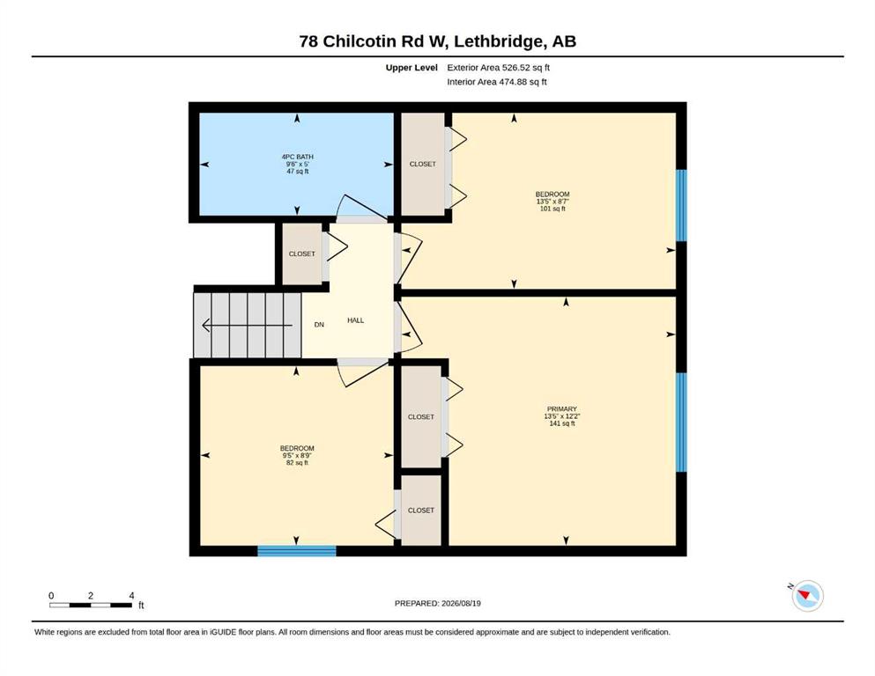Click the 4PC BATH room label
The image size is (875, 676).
pos(298,158)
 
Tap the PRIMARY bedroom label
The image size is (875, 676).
pos(562,409)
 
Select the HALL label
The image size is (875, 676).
pos(355,320)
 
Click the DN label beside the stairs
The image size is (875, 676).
pos(319,324)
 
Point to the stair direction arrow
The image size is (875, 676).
pos(247,325)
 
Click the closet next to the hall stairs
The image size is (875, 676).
pos(302,254)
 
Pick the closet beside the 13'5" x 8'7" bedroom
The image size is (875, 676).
pos(423,164)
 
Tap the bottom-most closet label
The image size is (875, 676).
pos(421,511)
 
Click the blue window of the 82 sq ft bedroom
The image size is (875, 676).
pos(297,551)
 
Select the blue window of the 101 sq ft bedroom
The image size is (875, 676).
pos(681,205)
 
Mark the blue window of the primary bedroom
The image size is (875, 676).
pos(681,422)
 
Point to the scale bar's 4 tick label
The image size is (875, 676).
pos(131,596)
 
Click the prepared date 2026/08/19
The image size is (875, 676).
pos(461,603)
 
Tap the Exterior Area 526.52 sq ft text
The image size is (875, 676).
pos(499,68)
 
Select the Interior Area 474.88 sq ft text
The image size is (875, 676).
pos(497,82)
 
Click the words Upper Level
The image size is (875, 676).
pos(412,68)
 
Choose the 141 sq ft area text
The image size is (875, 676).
pos(562,423)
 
